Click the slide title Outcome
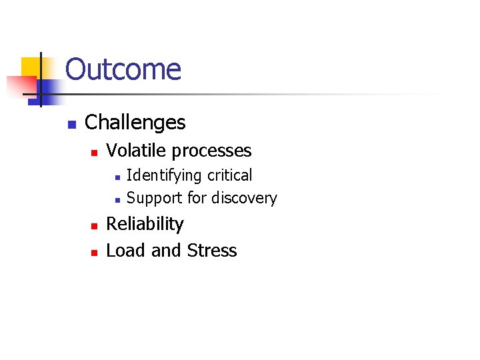[x=123, y=69]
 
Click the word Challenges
[x=135, y=123]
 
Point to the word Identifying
[x=164, y=176]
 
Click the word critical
[x=230, y=175]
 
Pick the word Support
[x=152, y=199]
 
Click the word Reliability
[x=145, y=225]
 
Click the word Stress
[x=212, y=251]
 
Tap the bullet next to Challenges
[x=72, y=124]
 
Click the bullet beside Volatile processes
[x=95, y=153]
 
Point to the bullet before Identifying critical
[x=117, y=177]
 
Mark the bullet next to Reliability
[x=95, y=226]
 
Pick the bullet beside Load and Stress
[x=95, y=253]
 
